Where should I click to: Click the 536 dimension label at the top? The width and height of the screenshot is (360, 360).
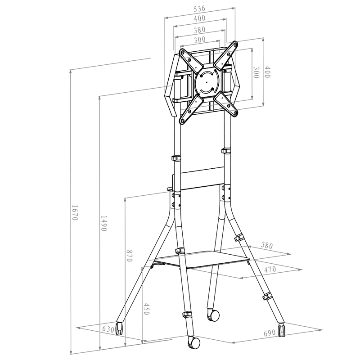pyautogui.click(x=199, y=9)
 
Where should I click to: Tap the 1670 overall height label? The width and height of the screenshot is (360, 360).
pyautogui.click(x=75, y=212)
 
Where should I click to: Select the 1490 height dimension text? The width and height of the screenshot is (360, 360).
pyautogui.click(x=103, y=223)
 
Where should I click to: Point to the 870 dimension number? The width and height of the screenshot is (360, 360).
pyautogui.click(x=129, y=256)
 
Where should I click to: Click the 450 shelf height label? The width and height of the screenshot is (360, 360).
pyautogui.click(x=147, y=309)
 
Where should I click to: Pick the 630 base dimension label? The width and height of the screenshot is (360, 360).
pyautogui.click(x=108, y=329)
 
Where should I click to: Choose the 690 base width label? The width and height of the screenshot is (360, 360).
pyautogui.click(x=270, y=333)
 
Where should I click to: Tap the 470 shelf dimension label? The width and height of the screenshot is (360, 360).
pyautogui.click(x=270, y=269)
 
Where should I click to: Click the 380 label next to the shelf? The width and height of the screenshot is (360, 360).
pyautogui.click(x=267, y=245)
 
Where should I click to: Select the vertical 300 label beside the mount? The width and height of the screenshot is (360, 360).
pyautogui.click(x=256, y=72)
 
